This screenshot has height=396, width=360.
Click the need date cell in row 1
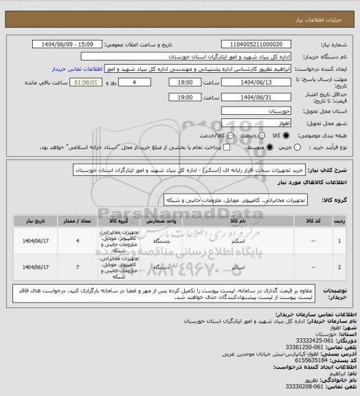[34, 241]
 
